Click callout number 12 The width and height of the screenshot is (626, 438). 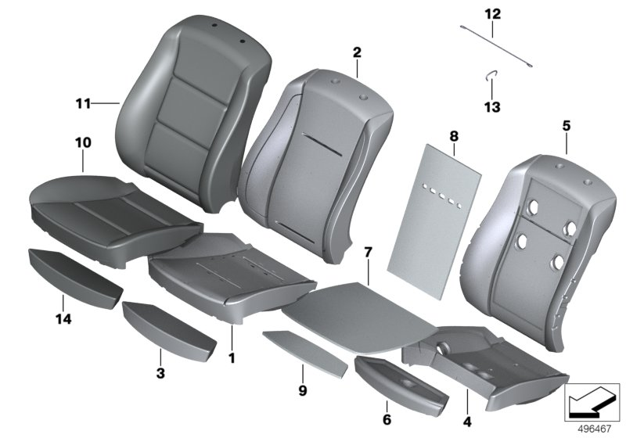[x=491, y=14]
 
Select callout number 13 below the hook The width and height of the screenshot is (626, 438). [x=491, y=107]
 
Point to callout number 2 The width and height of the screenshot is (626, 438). [x=357, y=53]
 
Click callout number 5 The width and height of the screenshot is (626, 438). [x=567, y=125]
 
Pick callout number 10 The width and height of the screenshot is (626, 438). [x=83, y=143]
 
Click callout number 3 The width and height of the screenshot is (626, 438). [x=160, y=374]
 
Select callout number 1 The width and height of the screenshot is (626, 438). [x=231, y=357]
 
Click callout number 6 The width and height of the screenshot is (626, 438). [x=386, y=420]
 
